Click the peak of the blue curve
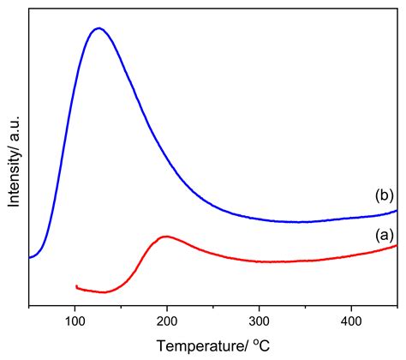pos(99,28)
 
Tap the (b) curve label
pos(384,196)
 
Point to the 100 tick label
pos(75,321)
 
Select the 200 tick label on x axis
pos(167,321)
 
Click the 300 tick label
pos(260,321)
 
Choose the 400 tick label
pos(351,321)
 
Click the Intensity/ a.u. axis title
pos(15,164)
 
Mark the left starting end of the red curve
pos(76,286)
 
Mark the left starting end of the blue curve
pos(30,257)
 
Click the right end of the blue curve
pos(397,210)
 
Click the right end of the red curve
pos(397,246)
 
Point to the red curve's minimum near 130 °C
pos(103,292)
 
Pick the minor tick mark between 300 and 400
pos(305,304)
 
